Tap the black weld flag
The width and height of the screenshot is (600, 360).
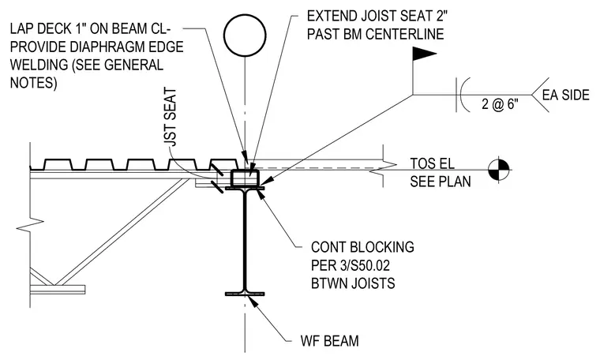point(424,54)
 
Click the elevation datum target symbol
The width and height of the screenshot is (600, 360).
point(499,170)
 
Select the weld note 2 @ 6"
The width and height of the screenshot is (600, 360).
point(500,104)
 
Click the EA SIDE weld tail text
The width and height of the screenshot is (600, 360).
point(566,95)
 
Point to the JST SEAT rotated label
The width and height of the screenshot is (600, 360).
point(171,117)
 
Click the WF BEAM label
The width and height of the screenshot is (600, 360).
point(329,340)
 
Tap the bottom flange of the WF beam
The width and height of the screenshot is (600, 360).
point(245,294)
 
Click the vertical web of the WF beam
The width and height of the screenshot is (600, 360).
point(245,240)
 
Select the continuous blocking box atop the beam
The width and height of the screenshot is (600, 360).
point(245,178)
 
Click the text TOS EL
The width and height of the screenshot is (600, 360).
point(433,163)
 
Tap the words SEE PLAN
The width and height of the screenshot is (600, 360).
point(441,182)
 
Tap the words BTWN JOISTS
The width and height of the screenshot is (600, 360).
point(353,283)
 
